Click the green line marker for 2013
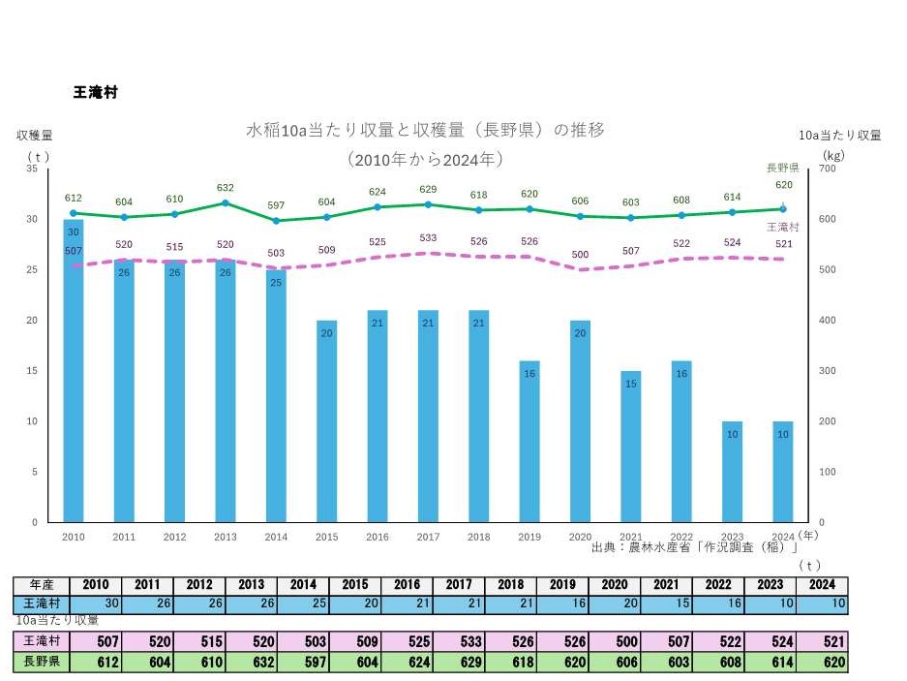(226, 202)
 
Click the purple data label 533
(428, 237)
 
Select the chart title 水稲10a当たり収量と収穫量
(425, 130)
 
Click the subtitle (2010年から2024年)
(425, 158)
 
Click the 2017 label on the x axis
(428, 536)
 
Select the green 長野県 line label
(782, 167)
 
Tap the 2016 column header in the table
(407, 585)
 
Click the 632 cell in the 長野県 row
(251, 664)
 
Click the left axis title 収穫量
(34, 136)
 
